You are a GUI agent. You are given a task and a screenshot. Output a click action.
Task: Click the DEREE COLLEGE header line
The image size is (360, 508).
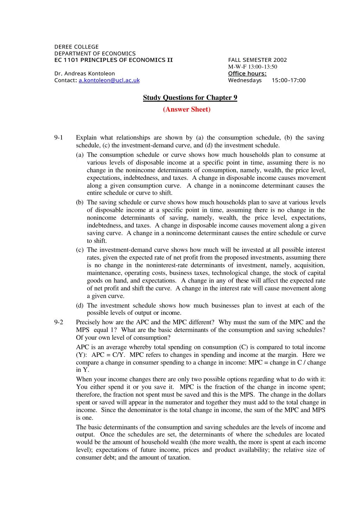[76, 47]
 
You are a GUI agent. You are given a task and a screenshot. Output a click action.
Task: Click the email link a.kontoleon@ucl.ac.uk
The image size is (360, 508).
[109, 80]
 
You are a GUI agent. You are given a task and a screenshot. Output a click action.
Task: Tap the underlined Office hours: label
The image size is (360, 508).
[247, 73]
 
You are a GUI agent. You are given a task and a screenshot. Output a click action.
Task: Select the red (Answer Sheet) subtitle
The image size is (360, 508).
[187, 109]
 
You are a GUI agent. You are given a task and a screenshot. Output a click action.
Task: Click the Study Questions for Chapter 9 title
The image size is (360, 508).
[190, 98]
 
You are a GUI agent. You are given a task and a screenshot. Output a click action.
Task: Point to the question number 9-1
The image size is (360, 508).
[59, 138]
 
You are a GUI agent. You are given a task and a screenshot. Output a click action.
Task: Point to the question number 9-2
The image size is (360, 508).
[59, 322]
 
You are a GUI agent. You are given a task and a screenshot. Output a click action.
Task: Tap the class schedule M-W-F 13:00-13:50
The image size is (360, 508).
[252, 67]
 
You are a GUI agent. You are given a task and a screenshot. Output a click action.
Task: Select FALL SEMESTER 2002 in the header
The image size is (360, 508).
[257, 60]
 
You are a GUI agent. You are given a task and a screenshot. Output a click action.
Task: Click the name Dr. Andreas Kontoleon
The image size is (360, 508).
[84, 73]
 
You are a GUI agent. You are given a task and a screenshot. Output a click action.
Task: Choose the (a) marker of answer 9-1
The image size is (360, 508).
[80, 155]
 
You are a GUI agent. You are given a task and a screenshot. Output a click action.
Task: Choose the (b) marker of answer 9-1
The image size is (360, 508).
[80, 202]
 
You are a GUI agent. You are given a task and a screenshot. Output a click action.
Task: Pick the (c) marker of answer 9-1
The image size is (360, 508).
[80, 250]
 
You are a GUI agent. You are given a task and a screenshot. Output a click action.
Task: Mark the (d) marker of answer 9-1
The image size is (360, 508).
[80, 306]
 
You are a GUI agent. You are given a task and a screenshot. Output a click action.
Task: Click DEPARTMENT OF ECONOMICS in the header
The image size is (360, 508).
[95, 53]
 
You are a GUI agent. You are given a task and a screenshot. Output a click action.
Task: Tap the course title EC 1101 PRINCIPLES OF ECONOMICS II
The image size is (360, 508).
[113, 60]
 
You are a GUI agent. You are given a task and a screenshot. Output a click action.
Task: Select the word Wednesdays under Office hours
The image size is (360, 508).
[245, 80]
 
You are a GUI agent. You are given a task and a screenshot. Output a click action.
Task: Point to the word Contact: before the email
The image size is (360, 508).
[65, 80]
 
